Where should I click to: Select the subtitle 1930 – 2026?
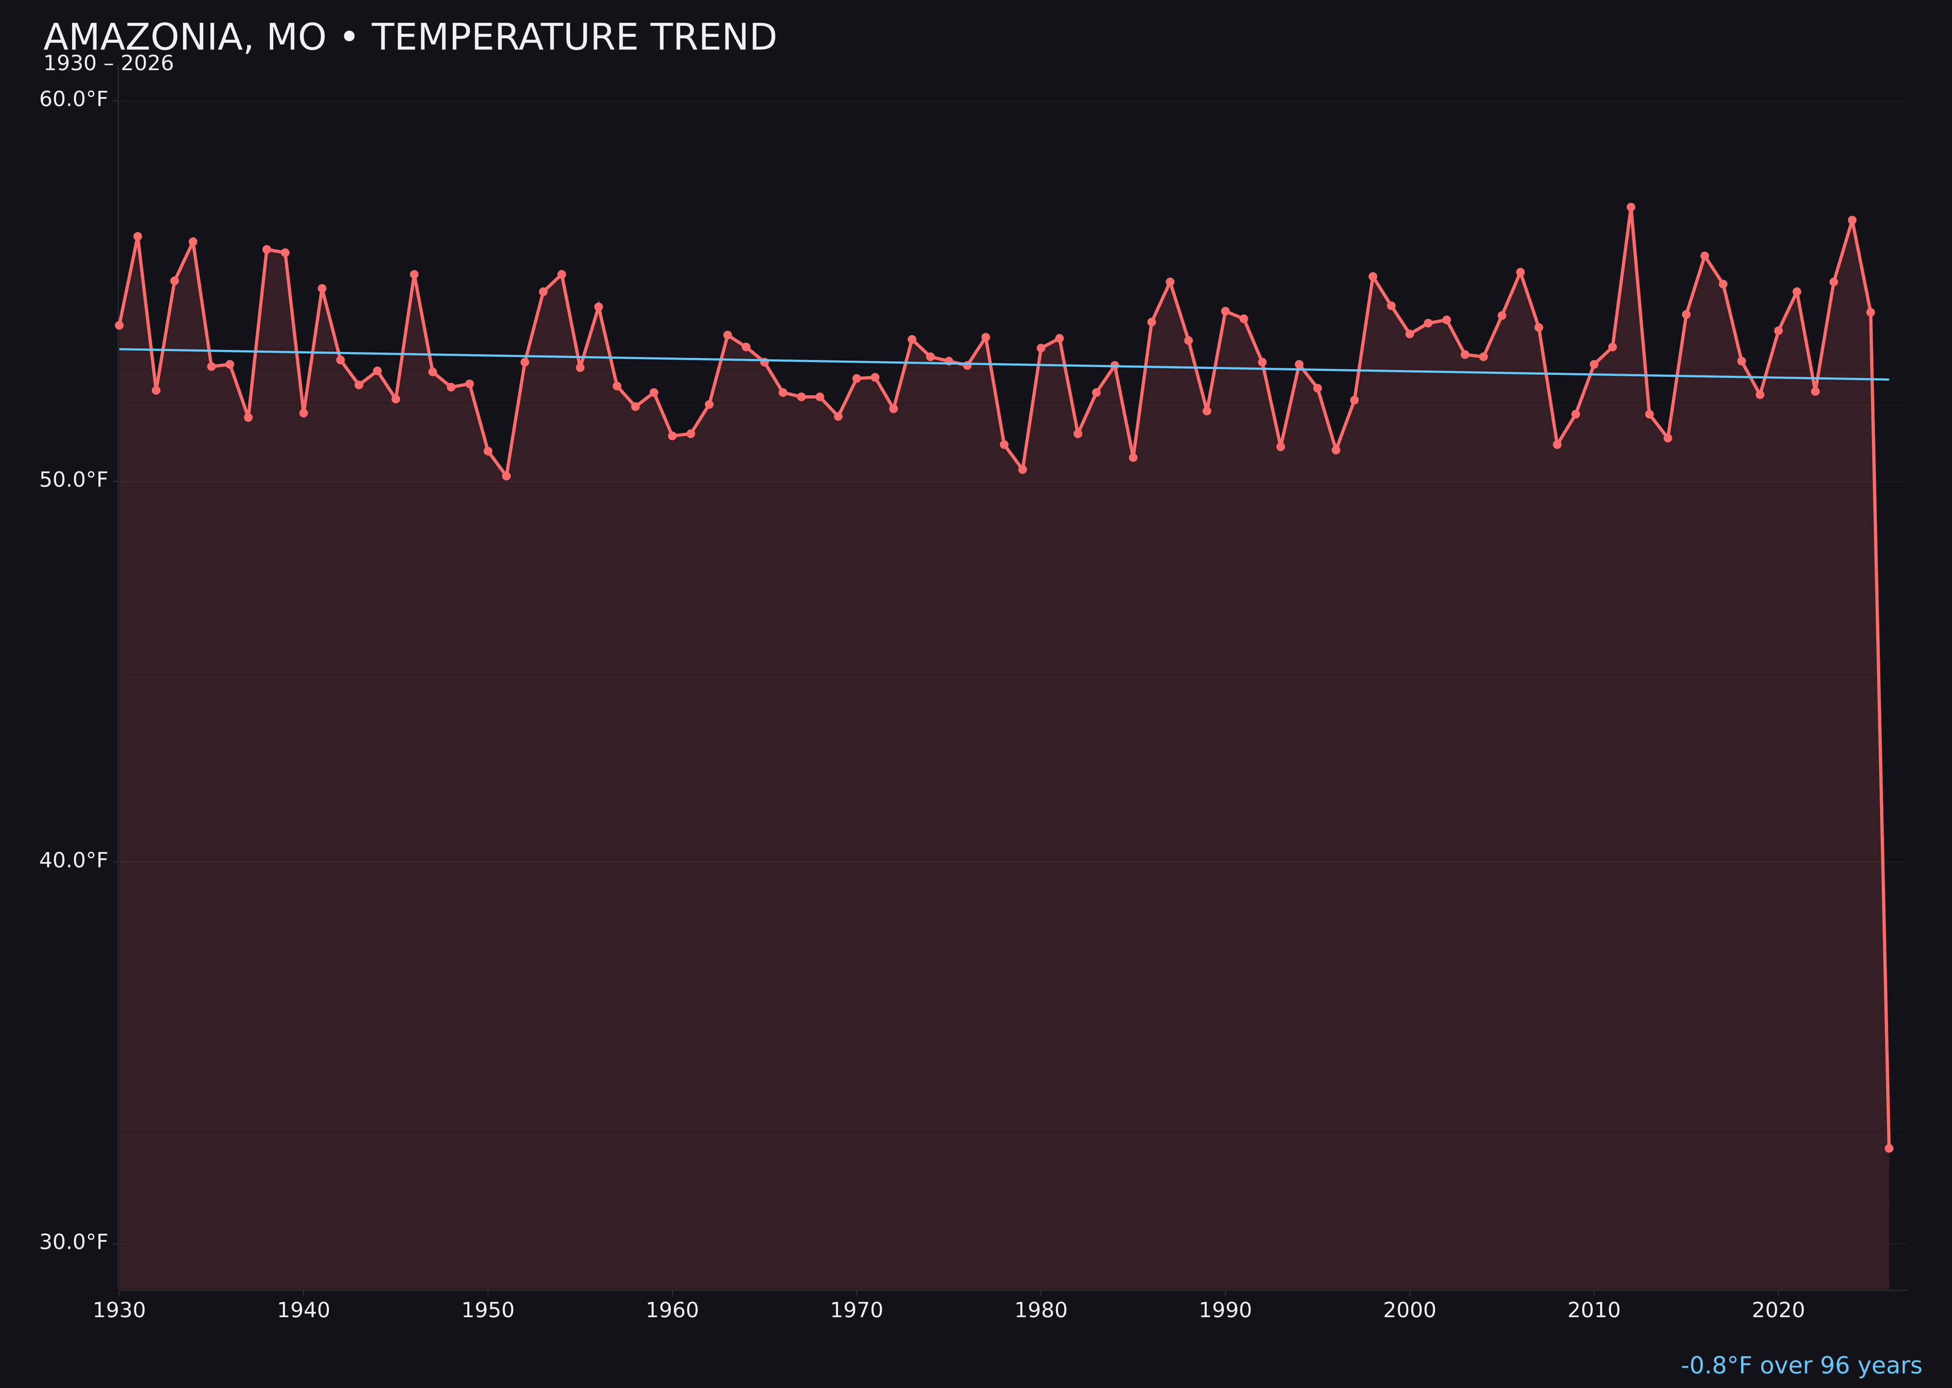[x=108, y=64]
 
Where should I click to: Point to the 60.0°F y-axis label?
[x=74, y=100]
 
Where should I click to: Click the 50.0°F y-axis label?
[x=74, y=480]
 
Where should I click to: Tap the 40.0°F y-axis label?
[x=74, y=860]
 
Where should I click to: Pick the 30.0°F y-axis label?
[x=74, y=1242]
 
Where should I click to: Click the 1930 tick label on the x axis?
[x=120, y=1310]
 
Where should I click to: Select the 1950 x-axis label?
[x=488, y=1310]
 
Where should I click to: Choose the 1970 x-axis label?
[x=856, y=1310]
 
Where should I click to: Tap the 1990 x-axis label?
[x=1225, y=1310]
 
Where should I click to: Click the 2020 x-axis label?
[x=1778, y=1310]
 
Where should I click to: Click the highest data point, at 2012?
[x=1631, y=207]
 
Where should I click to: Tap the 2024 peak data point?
[x=1852, y=221]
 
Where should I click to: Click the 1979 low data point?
[x=1023, y=469]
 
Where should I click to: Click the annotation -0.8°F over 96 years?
[x=1801, y=1366]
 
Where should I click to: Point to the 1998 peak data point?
[x=1373, y=276]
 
